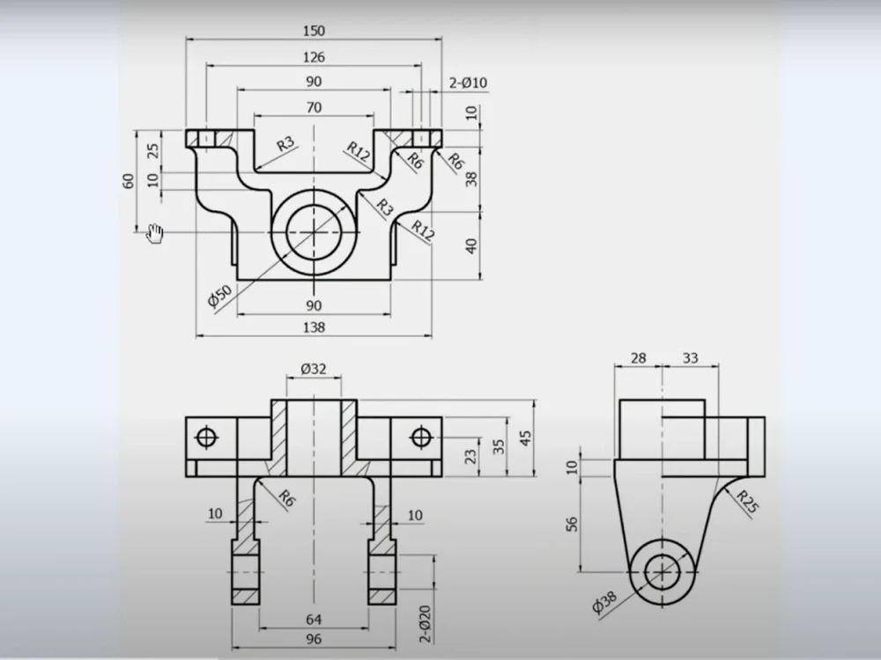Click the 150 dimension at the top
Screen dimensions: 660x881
314,31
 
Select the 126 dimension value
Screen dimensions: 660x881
314,57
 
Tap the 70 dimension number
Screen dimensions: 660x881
314,107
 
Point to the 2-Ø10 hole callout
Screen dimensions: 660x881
468,83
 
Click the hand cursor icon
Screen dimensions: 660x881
155,233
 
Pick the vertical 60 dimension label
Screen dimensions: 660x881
128,180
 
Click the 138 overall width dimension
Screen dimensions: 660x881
314,327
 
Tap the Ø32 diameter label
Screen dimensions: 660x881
314,369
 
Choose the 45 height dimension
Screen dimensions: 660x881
526,438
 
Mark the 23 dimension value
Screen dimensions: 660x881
470,457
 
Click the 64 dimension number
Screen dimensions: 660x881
314,620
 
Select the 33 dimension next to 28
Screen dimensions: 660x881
690,357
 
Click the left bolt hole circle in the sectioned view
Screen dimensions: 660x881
208,436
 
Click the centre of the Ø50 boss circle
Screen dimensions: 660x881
314,232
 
